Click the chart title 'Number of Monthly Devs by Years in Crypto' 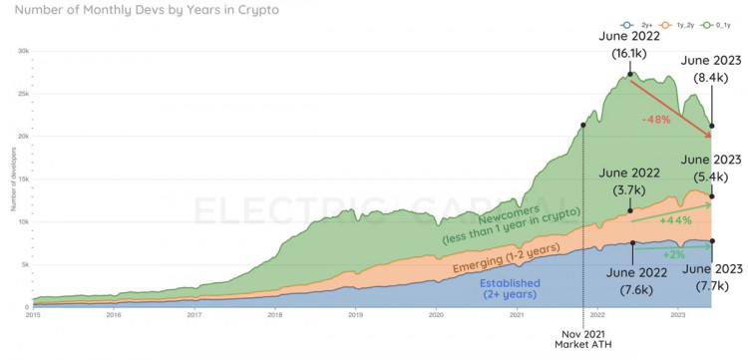coord(140,11)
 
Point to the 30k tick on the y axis coord(23,50)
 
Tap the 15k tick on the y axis coord(23,180)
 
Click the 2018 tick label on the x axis coord(274,314)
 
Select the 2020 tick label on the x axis coord(436,314)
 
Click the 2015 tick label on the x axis coord(33,314)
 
